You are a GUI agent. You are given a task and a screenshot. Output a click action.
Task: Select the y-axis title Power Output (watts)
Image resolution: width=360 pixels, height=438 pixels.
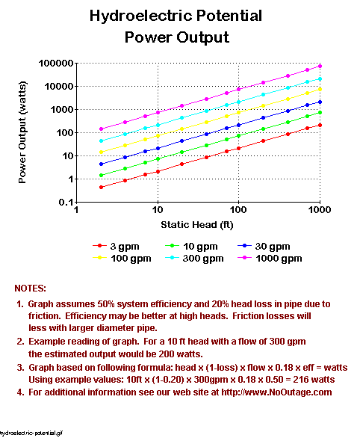tap(22, 132)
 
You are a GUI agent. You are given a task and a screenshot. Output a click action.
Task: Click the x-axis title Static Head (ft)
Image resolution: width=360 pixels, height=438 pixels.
tap(197, 224)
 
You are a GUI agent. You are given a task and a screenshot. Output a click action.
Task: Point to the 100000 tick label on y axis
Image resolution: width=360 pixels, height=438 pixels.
tap(56, 64)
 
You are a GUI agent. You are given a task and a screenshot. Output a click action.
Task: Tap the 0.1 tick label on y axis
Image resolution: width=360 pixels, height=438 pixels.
tap(66, 202)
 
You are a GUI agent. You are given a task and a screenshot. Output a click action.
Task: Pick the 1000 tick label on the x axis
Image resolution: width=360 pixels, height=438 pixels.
tap(320, 210)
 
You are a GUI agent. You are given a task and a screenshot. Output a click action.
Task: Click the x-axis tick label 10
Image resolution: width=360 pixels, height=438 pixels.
tap(158, 210)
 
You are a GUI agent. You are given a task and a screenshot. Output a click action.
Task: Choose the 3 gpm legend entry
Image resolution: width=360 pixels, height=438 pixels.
tap(116, 247)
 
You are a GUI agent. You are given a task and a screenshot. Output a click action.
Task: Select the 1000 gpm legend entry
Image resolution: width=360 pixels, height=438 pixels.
tap(270, 259)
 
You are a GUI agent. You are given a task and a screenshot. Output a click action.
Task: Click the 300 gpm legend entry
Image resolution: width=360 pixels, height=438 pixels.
tap(194, 259)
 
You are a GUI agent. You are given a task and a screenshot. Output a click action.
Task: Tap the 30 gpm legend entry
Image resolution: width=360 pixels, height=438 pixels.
tap(264, 247)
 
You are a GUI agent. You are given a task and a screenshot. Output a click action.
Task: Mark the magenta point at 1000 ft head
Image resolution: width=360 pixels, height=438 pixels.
tap(320, 67)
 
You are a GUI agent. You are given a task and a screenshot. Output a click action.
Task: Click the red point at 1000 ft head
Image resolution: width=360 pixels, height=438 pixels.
tap(320, 125)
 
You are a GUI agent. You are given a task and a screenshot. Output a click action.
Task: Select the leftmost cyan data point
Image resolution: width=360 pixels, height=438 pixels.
tap(101, 141)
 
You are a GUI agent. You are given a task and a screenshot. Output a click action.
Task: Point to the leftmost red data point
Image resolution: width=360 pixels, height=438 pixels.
tap(101, 187)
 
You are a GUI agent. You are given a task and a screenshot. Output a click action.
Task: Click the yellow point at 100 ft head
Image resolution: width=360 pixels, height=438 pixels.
tap(238, 113)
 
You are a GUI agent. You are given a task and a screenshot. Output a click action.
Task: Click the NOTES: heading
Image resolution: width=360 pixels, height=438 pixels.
tap(30, 289)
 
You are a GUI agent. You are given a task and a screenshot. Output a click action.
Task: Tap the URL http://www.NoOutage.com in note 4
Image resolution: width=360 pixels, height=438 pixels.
tap(276, 392)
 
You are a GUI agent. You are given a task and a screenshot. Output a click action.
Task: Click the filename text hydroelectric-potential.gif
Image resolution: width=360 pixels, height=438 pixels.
tap(31, 434)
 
